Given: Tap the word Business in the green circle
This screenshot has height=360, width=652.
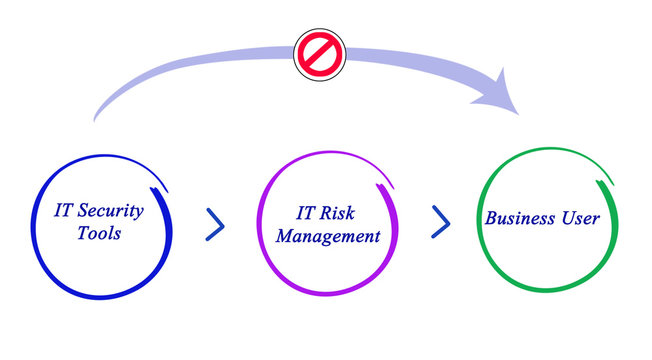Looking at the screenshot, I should (x=520, y=218).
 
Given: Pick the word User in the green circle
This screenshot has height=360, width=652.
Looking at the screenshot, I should (x=581, y=218).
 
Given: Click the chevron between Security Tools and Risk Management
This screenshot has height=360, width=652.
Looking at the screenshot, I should (x=215, y=224).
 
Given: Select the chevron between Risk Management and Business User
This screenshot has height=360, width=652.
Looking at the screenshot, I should (x=440, y=222).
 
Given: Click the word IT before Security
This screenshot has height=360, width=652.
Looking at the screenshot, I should (x=64, y=211).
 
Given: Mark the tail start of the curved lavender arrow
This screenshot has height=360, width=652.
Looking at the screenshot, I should (x=95, y=119).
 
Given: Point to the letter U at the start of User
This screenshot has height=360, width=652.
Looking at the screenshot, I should (x=566, y=218).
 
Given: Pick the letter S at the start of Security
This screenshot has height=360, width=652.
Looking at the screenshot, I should (x=84, y=211).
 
